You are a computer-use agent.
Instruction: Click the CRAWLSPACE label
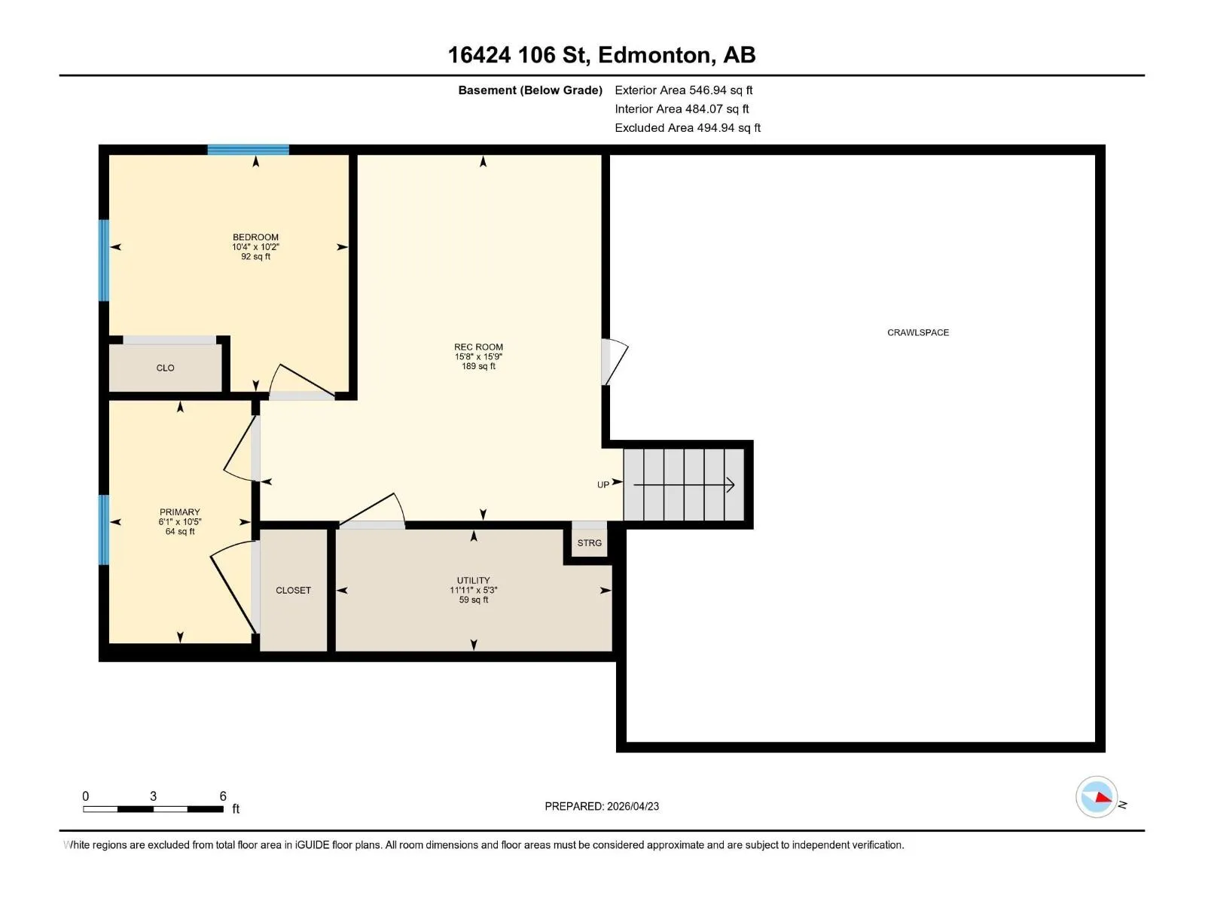[x=918, y=332]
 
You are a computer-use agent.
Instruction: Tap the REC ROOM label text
[x=478, y=347]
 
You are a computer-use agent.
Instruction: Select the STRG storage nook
[x=589, y=542]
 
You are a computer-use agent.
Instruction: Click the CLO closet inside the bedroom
[x=165, y=368]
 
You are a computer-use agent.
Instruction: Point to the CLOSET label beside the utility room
[x=293, y=590]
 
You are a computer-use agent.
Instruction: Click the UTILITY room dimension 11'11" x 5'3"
[x=473, y=590]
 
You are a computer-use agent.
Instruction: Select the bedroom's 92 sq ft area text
[x=255, y=256]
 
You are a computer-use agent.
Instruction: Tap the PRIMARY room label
[x=179, y=512]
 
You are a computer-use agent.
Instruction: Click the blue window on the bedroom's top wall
[x=248, y=149]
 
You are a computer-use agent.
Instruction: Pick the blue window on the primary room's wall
[x=103, y=530]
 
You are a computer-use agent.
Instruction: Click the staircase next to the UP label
[x=684, y=484]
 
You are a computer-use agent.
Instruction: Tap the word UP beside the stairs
[x=602, y=484]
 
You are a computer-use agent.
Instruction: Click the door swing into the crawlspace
[x=615, y=362]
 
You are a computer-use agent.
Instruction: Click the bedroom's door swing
[x=301, y=380]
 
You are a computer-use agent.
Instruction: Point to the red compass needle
[x=1103, y=798]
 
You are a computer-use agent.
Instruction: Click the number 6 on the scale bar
[x=223, y=796]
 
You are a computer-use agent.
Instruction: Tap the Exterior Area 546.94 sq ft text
[x=684, y=90]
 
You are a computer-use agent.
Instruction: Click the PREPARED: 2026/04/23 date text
[x=602, y=806]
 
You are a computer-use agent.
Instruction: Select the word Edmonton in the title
[x=657, y=56]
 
